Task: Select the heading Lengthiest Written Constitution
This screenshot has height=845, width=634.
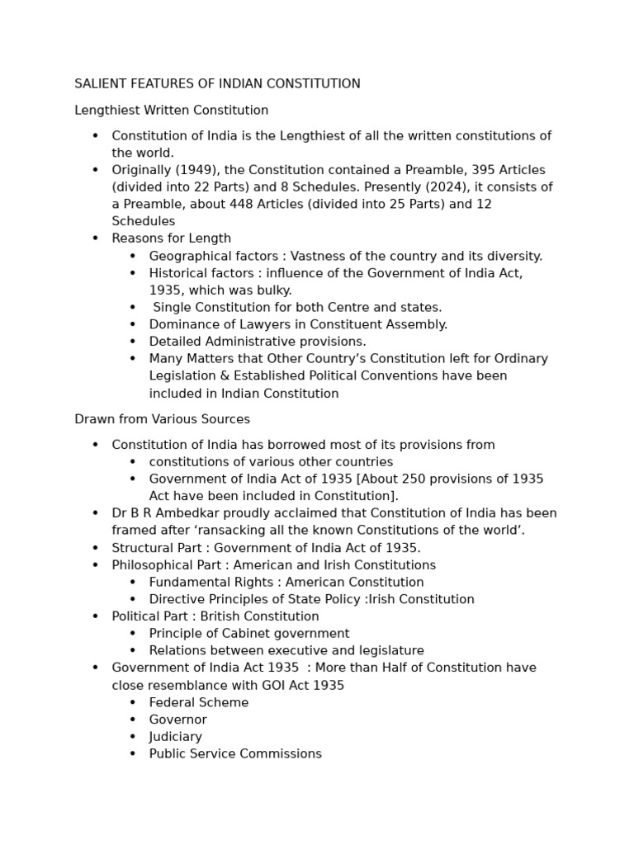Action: tap(171, 111)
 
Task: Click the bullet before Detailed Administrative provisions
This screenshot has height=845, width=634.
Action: tap(133, 342)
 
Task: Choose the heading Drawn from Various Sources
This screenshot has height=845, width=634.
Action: tap(162, 419)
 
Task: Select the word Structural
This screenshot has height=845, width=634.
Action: tap(141, 548)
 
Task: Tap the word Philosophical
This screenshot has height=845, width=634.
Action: tap(152, 565)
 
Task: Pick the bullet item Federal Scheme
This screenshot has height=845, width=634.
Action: tap(198, 703)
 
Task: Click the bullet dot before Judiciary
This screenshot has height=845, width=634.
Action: tap(133, 737)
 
